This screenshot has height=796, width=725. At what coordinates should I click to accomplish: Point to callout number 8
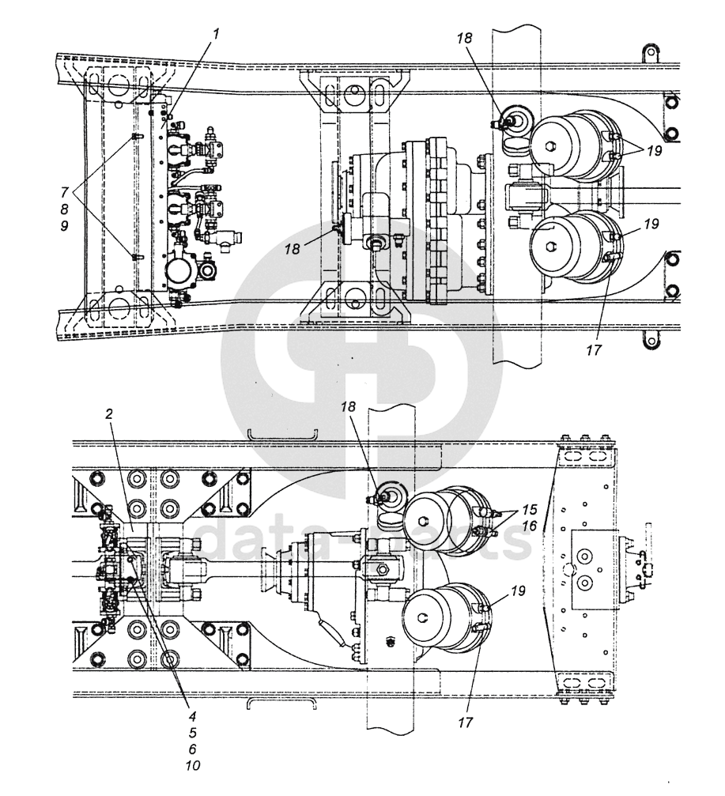click(66, 209)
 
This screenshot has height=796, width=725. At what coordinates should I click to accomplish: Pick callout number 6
click(192, 749)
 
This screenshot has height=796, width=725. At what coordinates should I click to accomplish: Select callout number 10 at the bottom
click(192, 765)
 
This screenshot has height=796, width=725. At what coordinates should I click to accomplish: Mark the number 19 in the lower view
click(518, 590)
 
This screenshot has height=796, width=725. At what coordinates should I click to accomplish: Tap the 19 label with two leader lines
click(652, 149)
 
